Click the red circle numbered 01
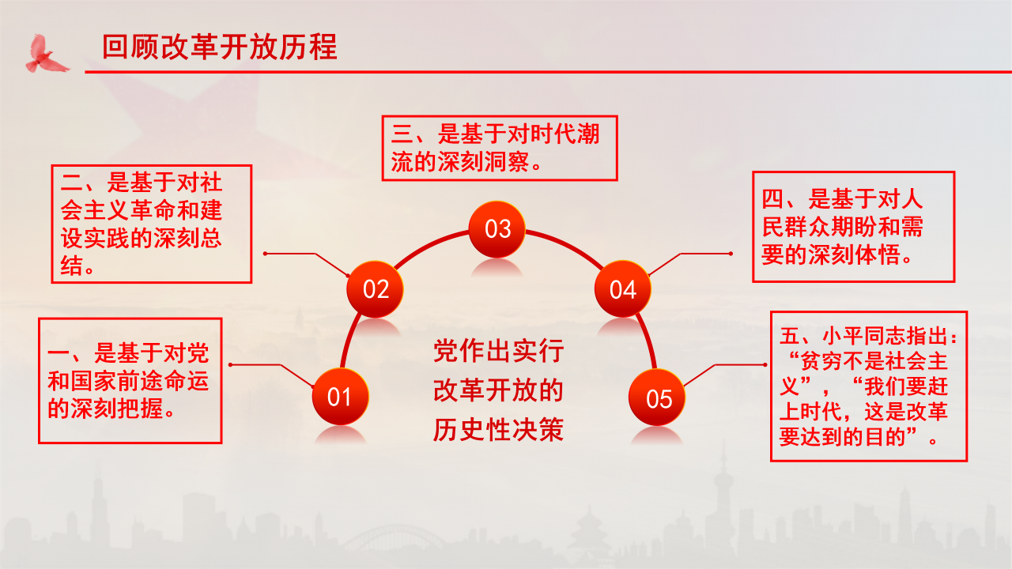coord(339,396)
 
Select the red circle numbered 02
coord(376,288)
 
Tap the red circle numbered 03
coord(498,228)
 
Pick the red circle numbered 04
coord(623,289)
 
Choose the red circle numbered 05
coord(659,398)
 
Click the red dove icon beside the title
coord(47,53)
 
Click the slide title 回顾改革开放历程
coord(220,47)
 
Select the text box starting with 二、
coord(151,224)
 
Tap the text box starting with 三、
coord(499,148)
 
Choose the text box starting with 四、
coord(853,227)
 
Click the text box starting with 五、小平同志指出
coord(869,386)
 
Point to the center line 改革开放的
coord(498,390)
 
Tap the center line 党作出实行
coord(498,350)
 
